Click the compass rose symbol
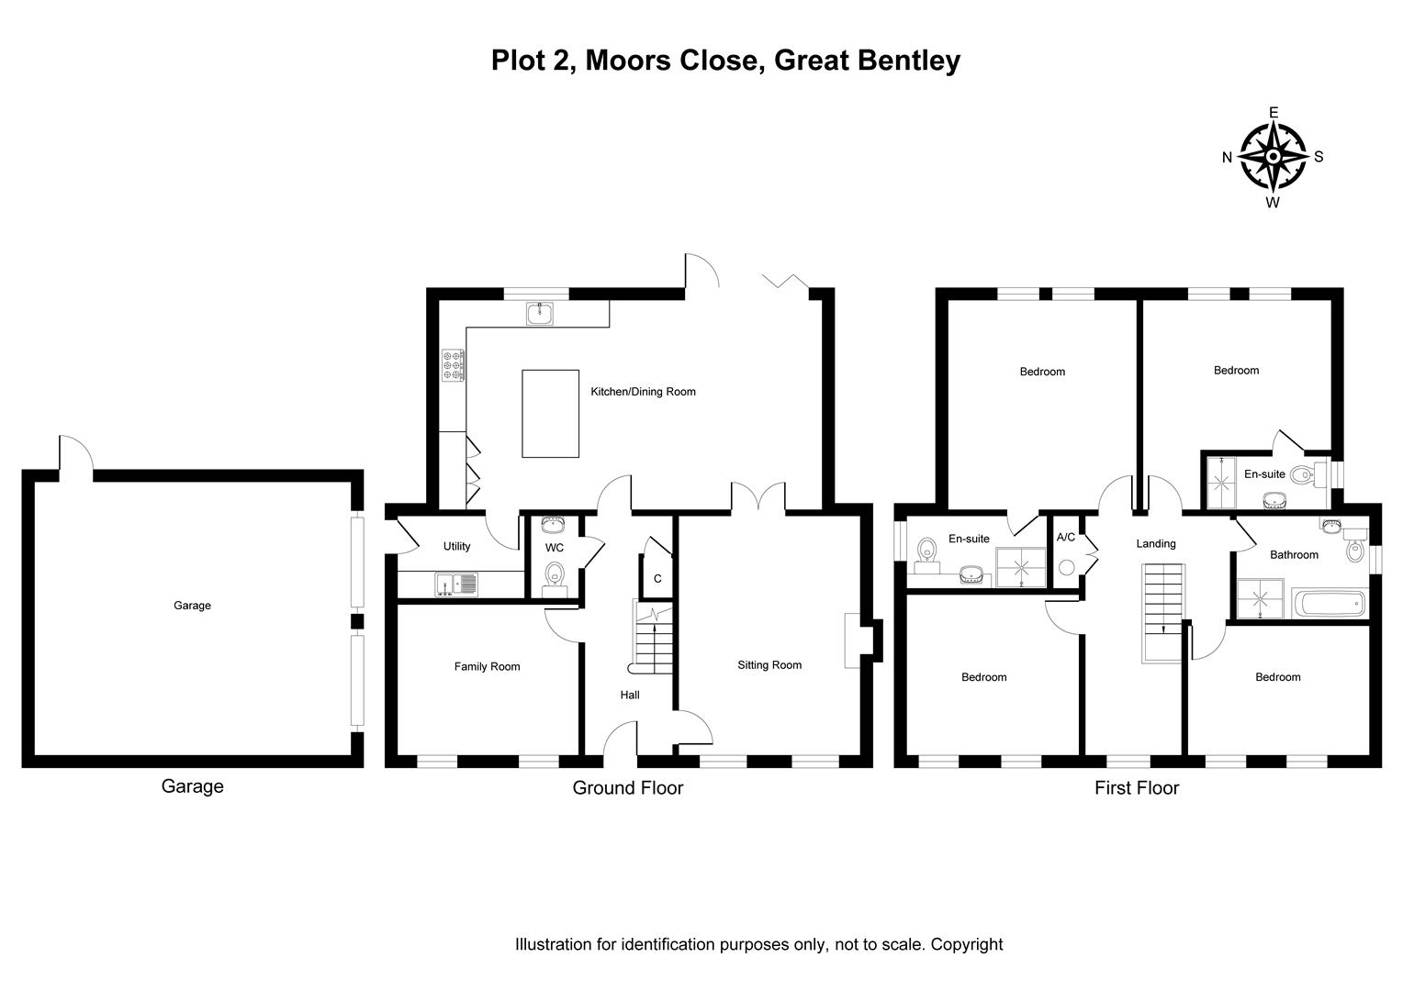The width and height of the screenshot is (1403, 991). tap(1273, 157)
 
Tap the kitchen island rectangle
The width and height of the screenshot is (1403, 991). tap(550, 413)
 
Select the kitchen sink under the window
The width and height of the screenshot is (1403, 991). tap(540, 314)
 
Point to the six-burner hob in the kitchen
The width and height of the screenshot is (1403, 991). tap(454, 364)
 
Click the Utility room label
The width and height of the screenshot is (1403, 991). tap(456, 546)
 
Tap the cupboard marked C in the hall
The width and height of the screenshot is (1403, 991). tap(657, 579)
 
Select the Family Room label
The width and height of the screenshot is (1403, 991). tap(487, 667)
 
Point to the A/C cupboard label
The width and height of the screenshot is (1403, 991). tap(1066, 537)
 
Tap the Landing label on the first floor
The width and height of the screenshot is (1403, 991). tap(1155, 543)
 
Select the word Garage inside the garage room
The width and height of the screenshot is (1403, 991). tap(192, 606)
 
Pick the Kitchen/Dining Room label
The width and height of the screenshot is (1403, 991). tap(643, 392)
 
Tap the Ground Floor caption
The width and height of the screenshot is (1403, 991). tap(627, 787)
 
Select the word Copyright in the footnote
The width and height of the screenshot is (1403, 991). tap(967, 944)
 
